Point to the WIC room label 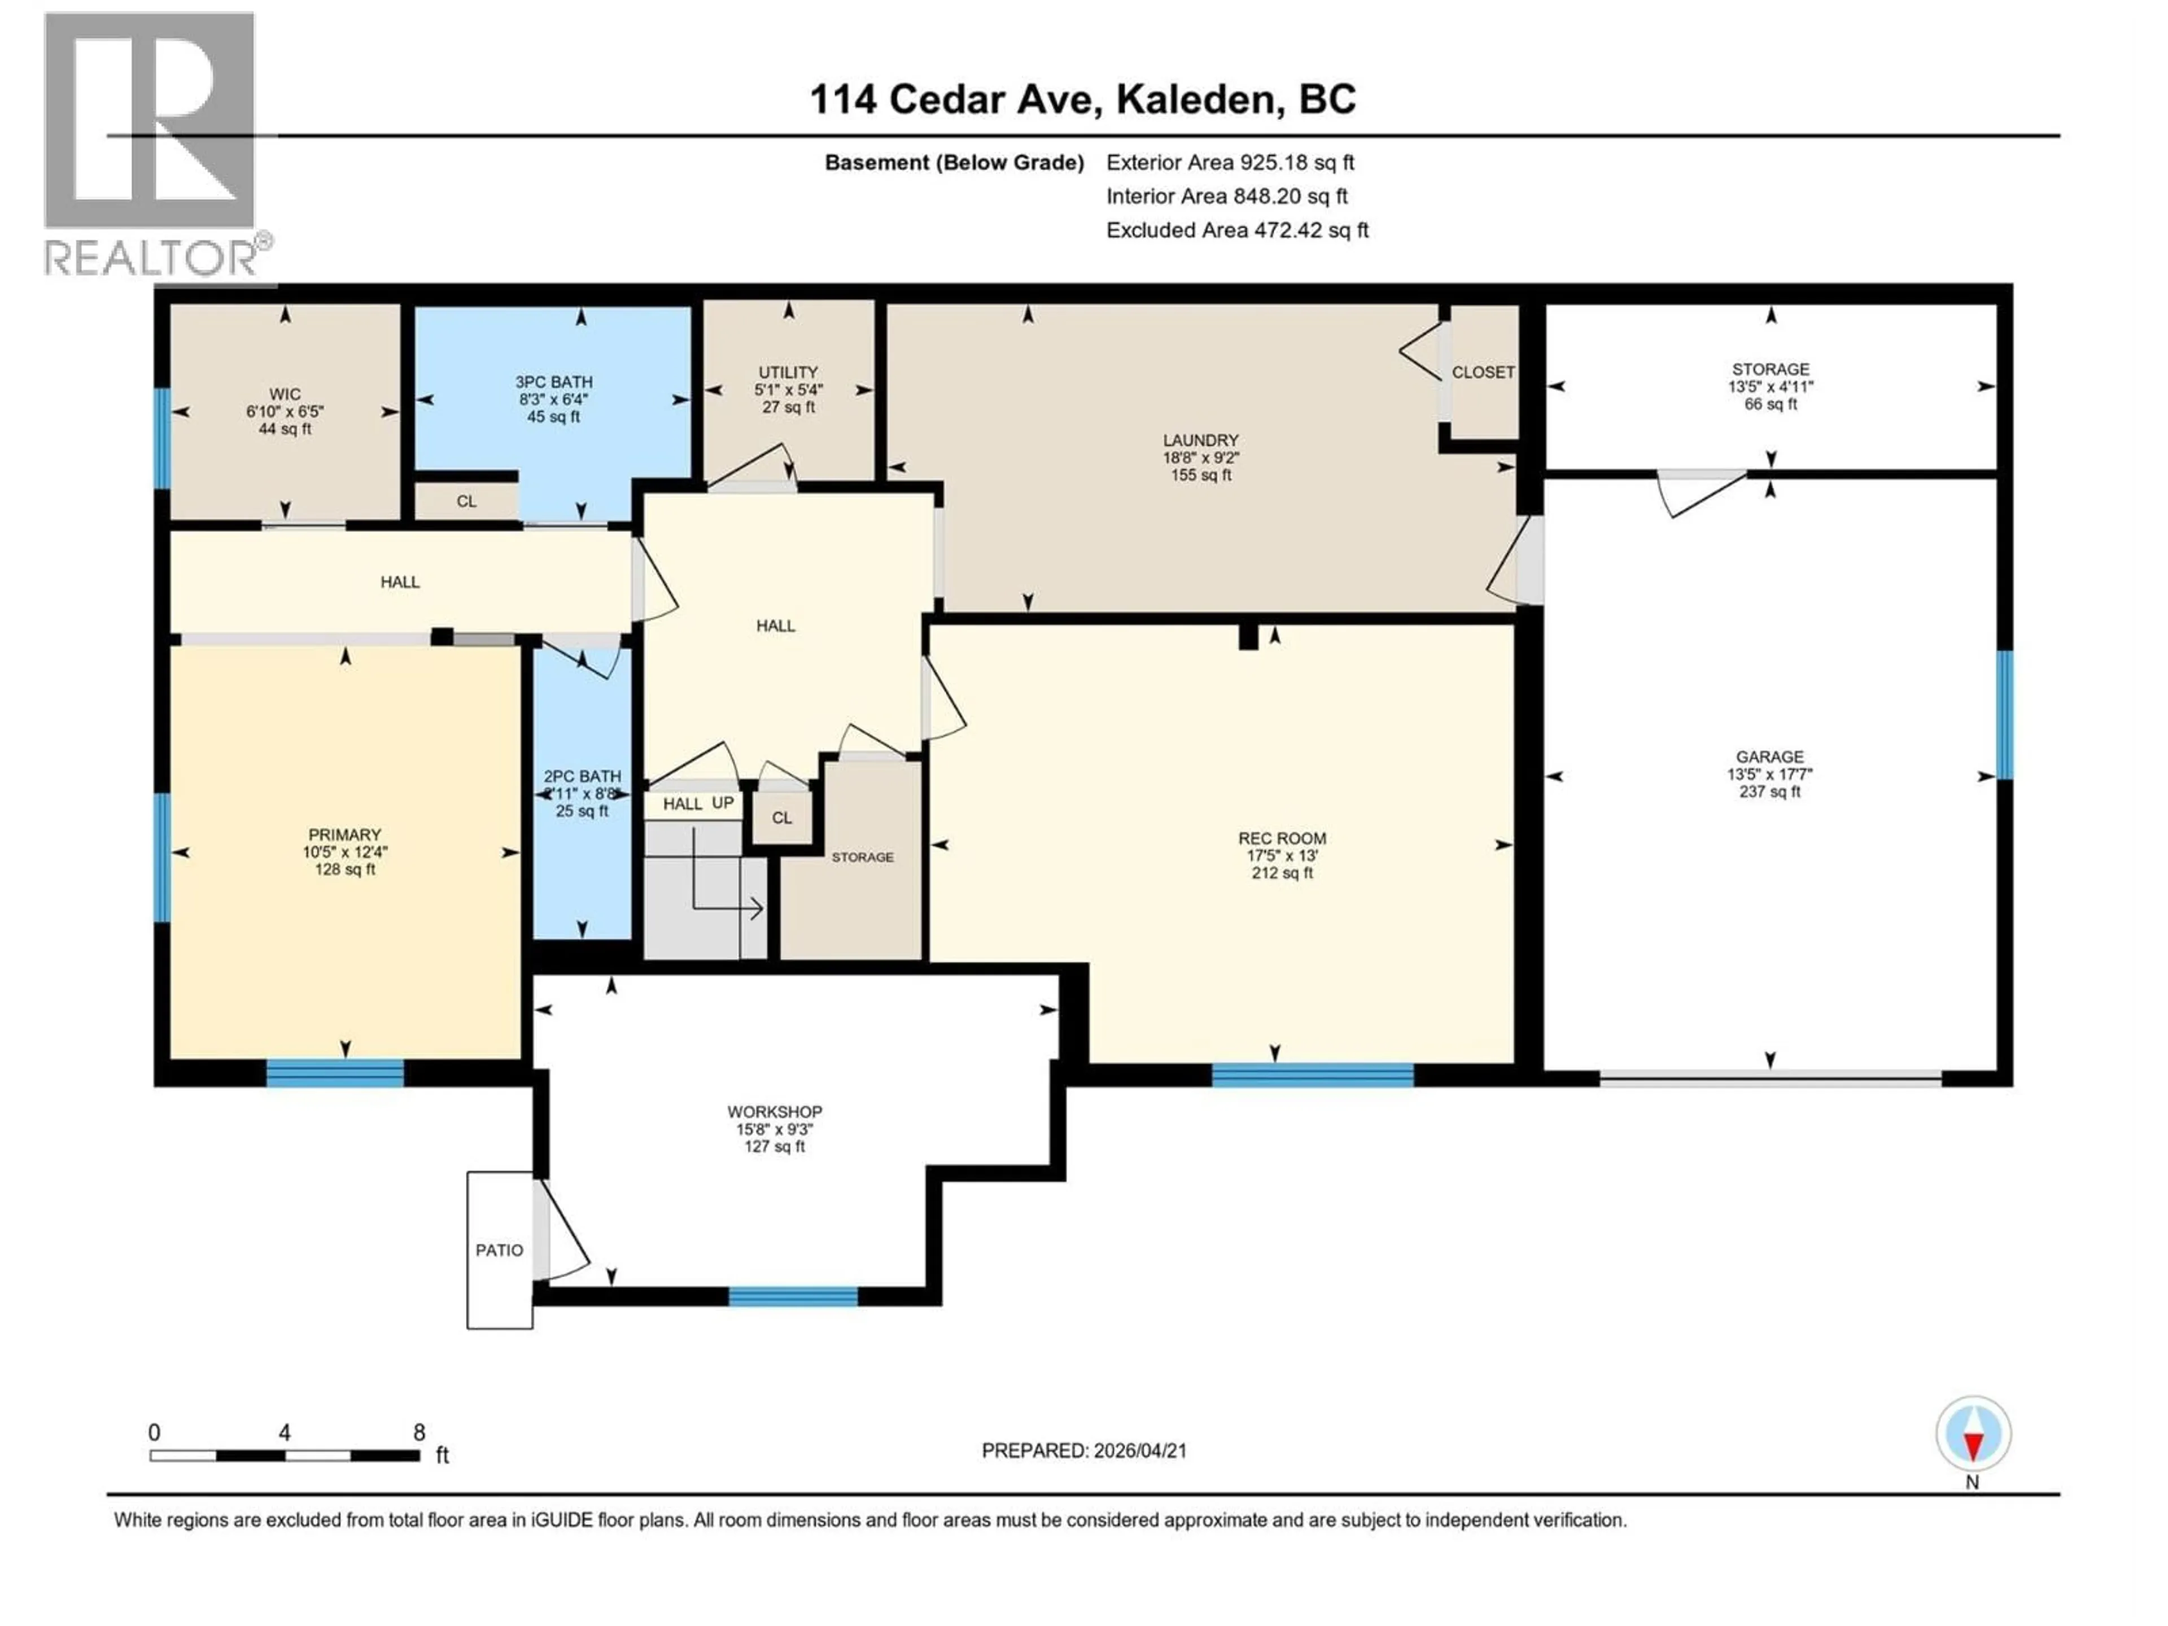click(x=285, y=394)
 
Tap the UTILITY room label click(x=788, y=373)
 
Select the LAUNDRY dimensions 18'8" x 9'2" click(x=1201, y=458)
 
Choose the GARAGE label click(x=1769, y=757)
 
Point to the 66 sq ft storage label click(x=1770, y=404)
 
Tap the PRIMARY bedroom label click(x=344, y=835)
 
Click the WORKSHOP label click(x=774, y=1112)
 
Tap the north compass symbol click(x=1973, y=1434)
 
